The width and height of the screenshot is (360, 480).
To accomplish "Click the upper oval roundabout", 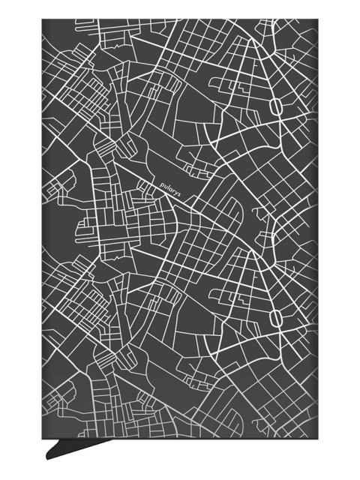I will (276, 107).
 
